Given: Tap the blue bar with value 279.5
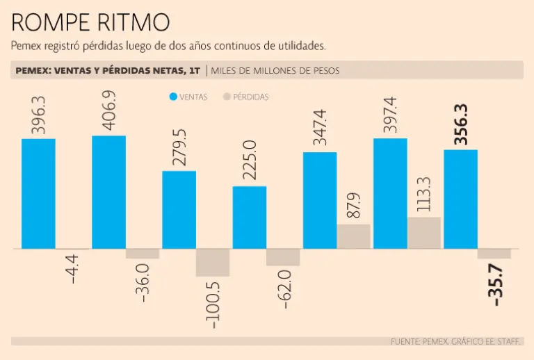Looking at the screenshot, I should [179, 209].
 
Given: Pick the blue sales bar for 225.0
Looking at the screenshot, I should [249, 217].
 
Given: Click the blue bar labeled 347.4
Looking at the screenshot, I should [320, 200].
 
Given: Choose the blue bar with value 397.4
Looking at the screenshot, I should [390, 193].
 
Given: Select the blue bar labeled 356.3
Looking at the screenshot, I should [460, 199].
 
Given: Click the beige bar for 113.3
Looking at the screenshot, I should [424, 232].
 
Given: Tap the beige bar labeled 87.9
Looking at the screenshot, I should [354, 236].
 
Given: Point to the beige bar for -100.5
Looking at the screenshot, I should [213, 262].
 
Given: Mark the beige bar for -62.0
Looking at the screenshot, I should [283, 256].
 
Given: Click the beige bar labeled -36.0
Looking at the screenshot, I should [143, 253].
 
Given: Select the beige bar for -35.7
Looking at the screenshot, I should [494, 253].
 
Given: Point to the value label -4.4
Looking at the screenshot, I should [72, 269].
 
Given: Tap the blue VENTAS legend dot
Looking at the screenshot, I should [173, 97].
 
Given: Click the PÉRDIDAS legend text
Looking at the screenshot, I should [251, 97].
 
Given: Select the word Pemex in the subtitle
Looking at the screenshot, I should [25, 47].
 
